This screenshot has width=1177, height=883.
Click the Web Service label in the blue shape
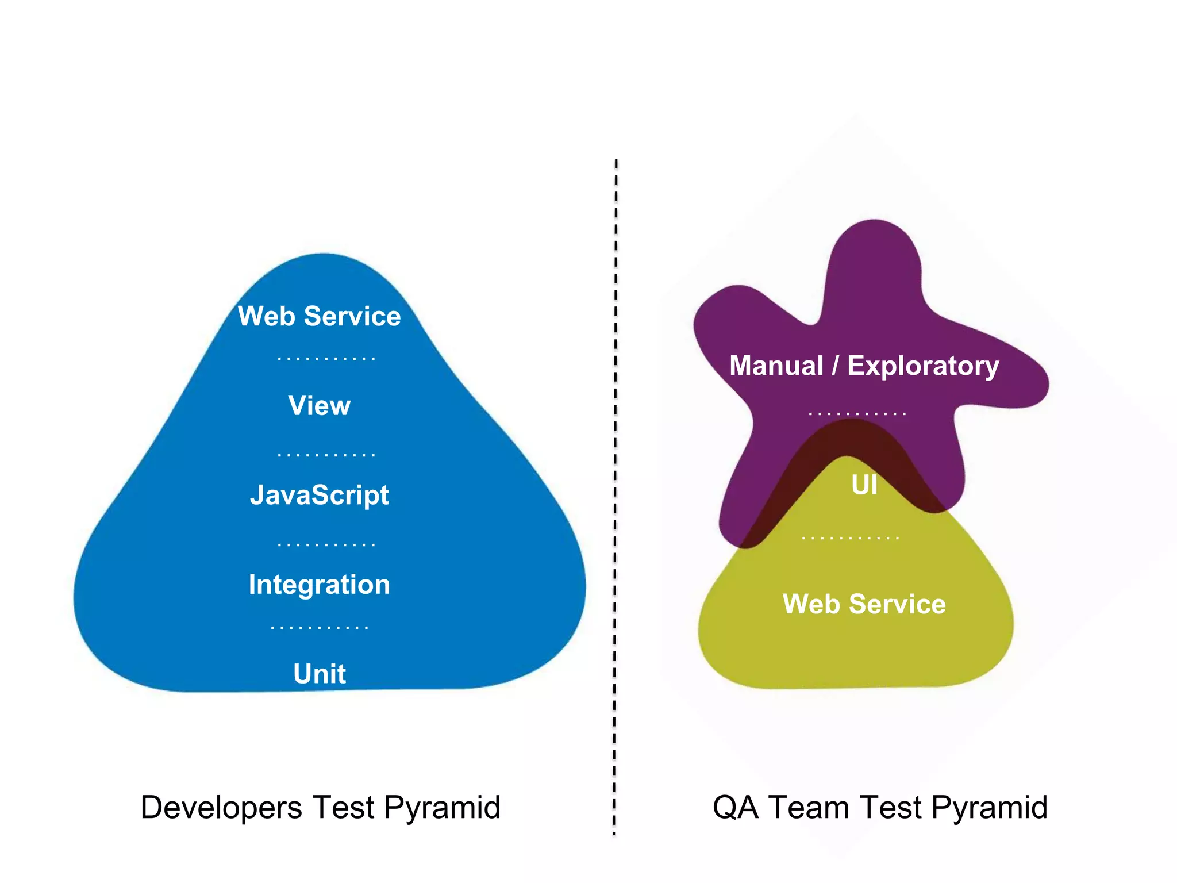click(319, 316)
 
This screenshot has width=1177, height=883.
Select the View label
click(319, 406)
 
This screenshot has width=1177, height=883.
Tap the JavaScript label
click(319, 496)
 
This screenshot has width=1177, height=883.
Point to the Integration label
click(319, 585)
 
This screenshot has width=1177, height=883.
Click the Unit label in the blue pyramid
click(319, 674)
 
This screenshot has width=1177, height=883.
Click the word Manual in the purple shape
click(776, 366)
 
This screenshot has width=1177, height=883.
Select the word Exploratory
click(923, 367)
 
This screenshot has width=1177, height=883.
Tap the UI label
click(864, 485)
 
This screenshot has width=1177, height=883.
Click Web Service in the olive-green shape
click(864, 604)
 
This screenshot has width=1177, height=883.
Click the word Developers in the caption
click(221, 808)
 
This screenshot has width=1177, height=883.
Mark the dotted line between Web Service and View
click(326, 359)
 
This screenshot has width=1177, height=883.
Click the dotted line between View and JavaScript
click(326, 455)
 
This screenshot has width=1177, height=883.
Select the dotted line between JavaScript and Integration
click(326, 544)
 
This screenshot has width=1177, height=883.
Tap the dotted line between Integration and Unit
click(319, 628)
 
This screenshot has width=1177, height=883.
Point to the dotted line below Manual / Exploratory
click(857, 413)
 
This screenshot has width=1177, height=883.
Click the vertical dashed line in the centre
click(615, 494)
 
